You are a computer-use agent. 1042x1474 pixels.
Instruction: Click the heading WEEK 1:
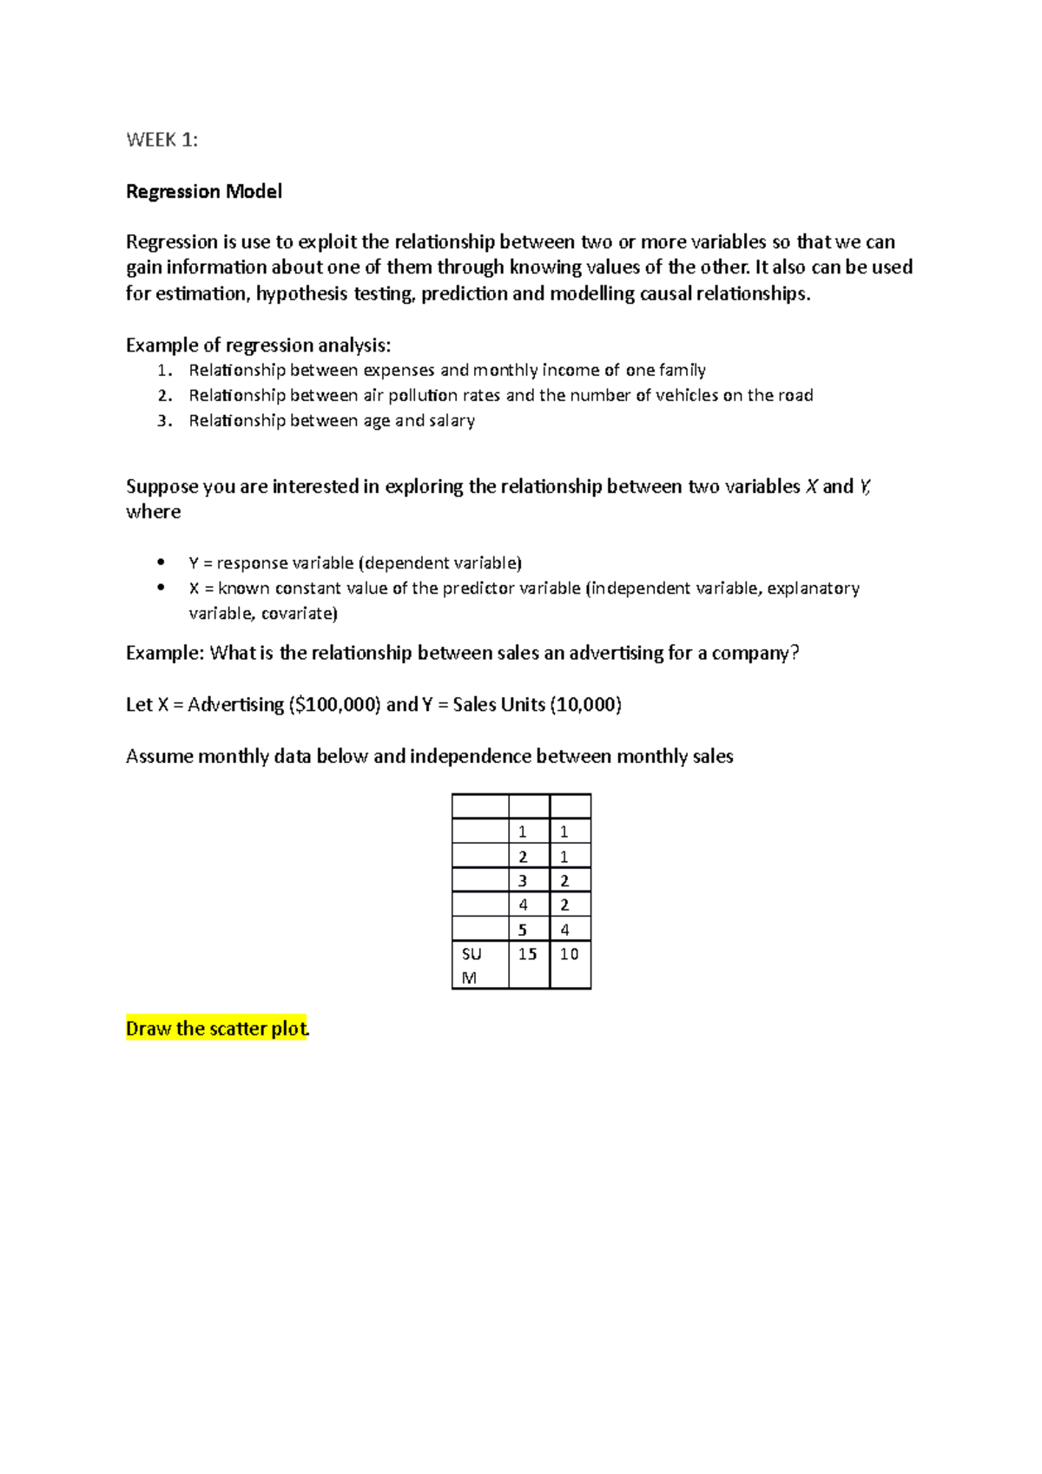pos(162,140)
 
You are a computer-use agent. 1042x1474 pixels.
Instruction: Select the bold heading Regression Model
pos(204,191)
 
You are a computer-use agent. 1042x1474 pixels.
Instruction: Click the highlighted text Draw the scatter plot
pos(217,1029)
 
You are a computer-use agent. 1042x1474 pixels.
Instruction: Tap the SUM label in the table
pos(472,964)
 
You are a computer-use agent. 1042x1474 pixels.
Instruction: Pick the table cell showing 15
pos(528,954)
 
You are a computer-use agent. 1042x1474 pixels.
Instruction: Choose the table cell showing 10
pos(569,954)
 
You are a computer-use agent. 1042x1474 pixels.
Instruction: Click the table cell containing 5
pos(523,930)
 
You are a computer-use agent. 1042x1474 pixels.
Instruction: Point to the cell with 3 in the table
pos(523,880)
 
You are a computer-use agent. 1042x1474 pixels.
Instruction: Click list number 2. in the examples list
pos(165,396)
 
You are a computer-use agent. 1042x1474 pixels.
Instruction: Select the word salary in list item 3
pos(452,420)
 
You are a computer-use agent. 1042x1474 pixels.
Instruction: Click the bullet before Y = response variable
pos(161,562)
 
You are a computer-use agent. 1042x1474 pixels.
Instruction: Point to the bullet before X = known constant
pos(161,587)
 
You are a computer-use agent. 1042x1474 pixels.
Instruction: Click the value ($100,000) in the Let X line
pos(334,704)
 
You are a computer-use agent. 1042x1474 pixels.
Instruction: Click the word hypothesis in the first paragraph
pos(302,293)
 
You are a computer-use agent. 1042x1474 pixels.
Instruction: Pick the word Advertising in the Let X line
pos(235,704)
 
